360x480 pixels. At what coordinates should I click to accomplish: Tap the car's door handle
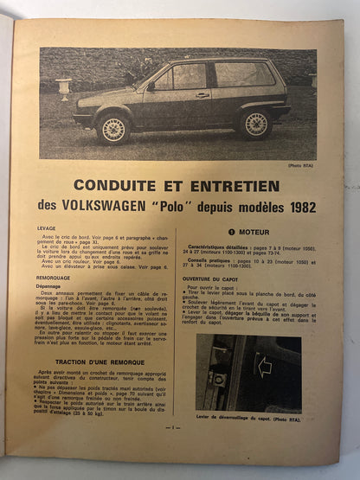point(202,95)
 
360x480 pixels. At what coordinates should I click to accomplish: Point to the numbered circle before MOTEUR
point(231,232)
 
